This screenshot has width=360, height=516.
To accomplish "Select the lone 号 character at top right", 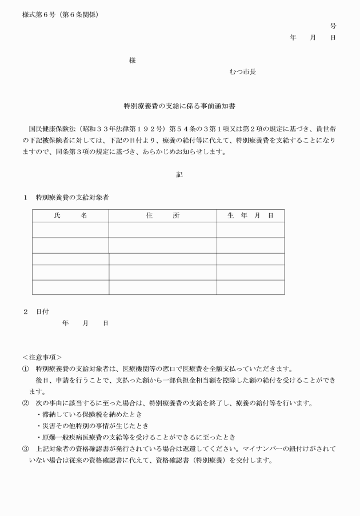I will (333, 26).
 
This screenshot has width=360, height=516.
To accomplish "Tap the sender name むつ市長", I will (242, 72).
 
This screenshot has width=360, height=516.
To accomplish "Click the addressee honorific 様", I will (132, 61).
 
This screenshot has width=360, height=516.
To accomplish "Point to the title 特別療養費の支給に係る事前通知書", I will (180, 106).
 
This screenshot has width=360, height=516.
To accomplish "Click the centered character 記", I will (179, 175).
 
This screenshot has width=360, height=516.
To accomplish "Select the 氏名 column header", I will (70, 215).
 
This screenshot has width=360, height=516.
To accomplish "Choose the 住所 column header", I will (162, 215).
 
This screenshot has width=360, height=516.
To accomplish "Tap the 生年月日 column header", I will (250, 215).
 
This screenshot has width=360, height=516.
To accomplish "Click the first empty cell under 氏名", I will (70, 230).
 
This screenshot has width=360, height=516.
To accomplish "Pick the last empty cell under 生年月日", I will (250, 287).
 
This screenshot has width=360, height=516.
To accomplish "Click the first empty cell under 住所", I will (162, 230).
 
